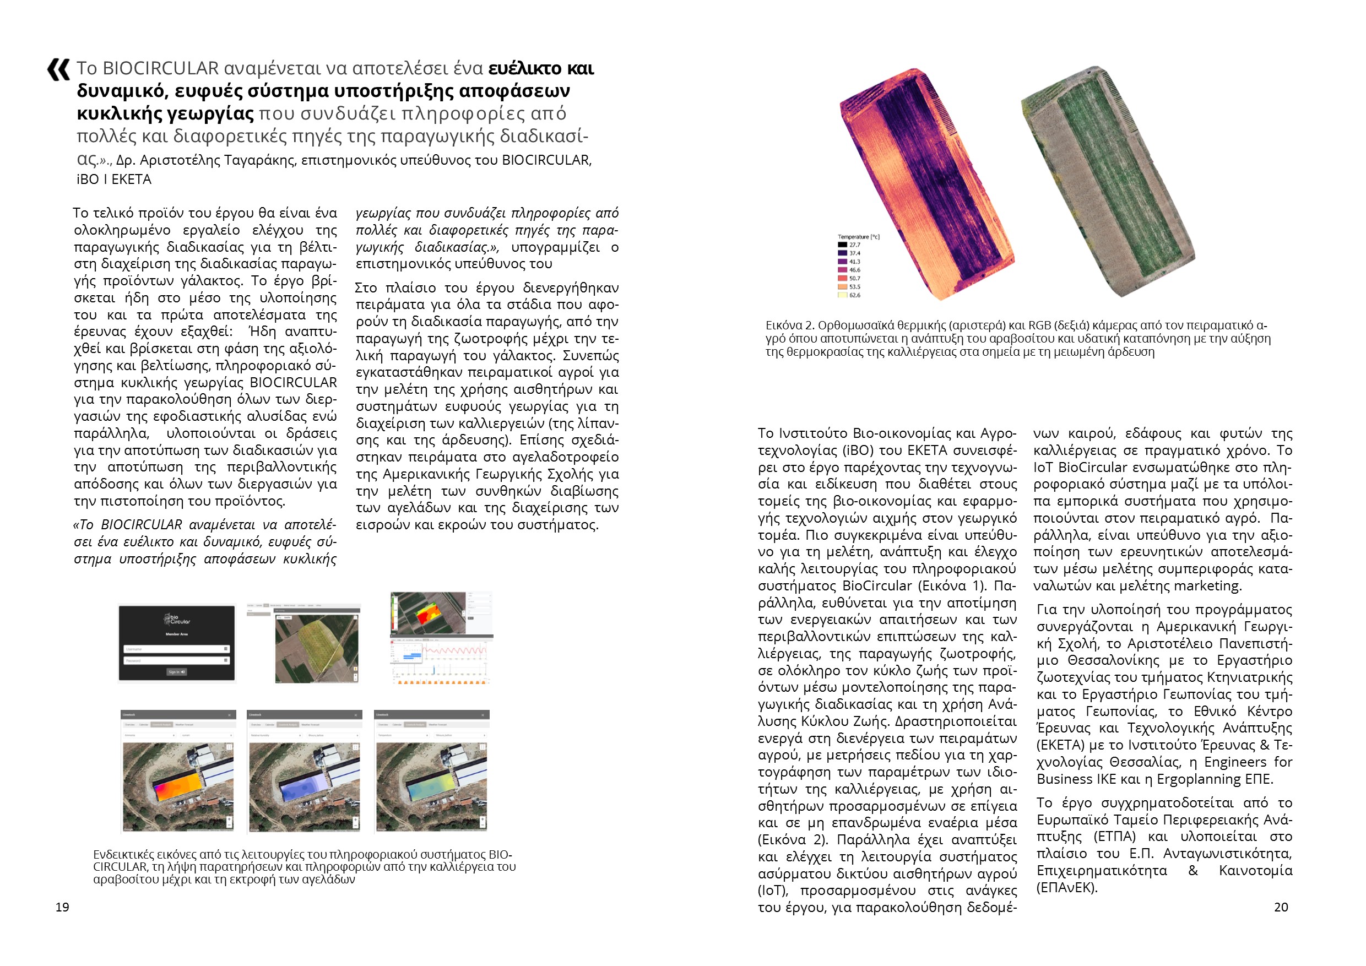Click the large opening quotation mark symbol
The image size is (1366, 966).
click(58, 69)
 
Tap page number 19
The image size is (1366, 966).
click(62, 907)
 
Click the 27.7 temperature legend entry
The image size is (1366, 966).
click(854, 245)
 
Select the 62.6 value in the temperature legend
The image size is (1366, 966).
click(854, 295)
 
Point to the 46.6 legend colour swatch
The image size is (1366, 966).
click(842, 270)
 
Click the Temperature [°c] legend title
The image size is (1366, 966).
click(858, 237)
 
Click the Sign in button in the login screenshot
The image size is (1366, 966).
click(177, 671)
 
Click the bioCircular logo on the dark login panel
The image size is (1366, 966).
click(177, 620)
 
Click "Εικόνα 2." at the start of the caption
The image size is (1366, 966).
click(789, 326)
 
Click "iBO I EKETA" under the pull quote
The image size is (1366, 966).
click(113, 179)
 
